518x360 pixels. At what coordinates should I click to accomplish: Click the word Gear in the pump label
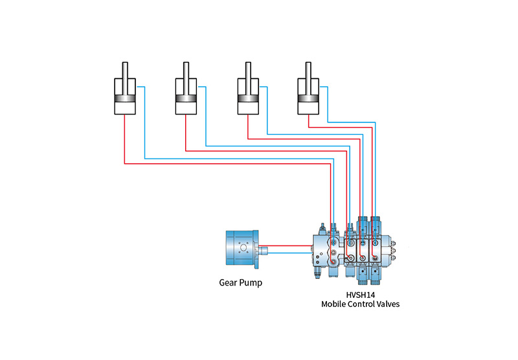228,283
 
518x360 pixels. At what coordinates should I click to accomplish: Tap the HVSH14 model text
361,295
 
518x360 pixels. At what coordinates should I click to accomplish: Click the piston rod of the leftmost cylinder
125,78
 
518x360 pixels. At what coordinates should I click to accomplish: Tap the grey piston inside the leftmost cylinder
125,99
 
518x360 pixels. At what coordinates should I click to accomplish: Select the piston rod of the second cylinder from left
186,78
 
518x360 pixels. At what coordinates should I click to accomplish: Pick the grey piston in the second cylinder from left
186,99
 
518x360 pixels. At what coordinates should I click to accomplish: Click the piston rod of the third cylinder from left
248,78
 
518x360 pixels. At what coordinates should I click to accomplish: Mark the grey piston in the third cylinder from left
248,99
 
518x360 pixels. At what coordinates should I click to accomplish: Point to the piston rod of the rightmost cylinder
308,78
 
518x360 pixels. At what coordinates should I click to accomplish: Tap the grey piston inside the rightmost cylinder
308,99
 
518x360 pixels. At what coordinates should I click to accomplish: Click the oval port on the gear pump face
243,248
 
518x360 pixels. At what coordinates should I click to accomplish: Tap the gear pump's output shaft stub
263,250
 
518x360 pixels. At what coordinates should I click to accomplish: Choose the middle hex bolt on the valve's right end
393,251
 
